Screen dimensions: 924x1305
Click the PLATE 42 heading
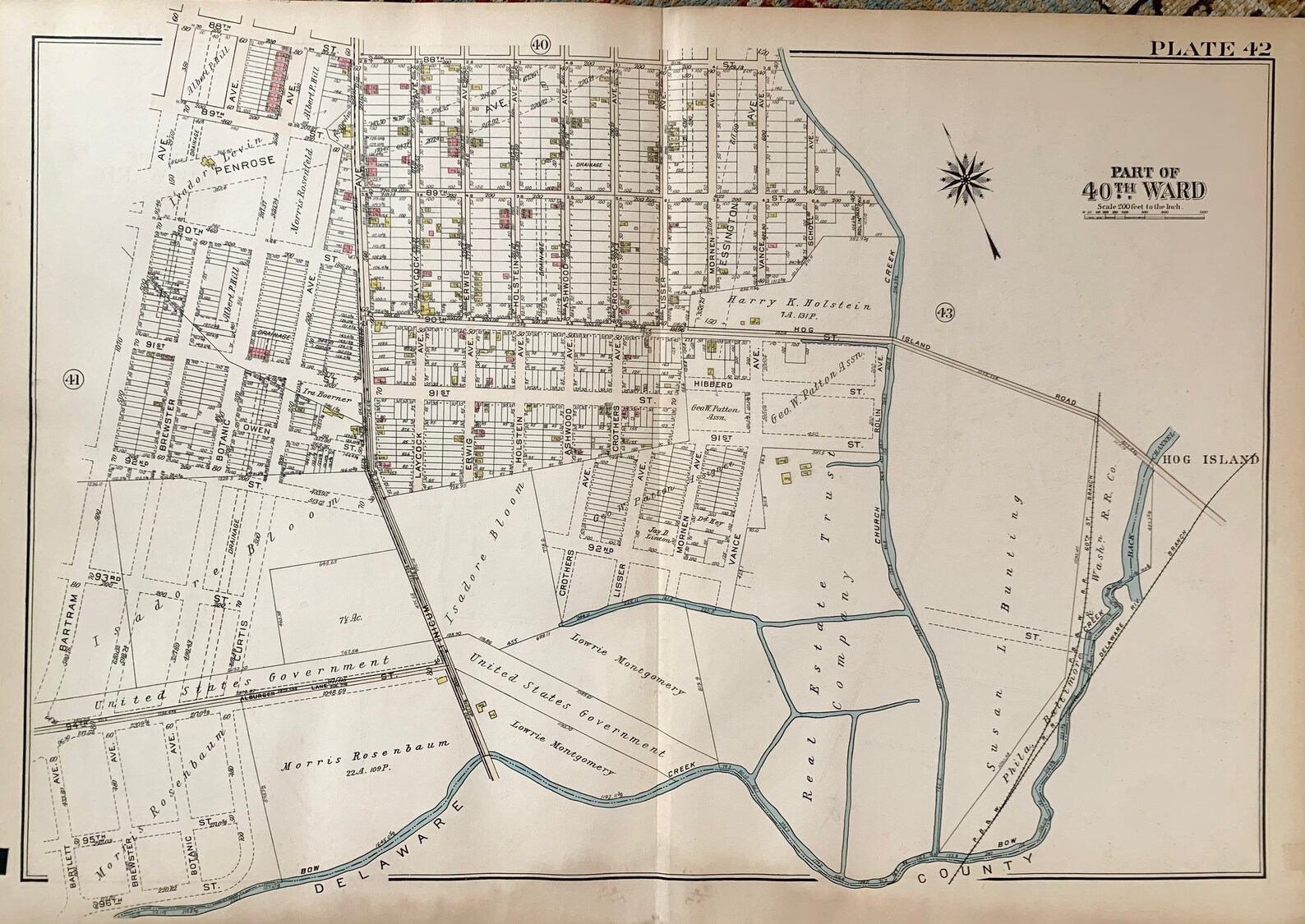[x=1209, y=48]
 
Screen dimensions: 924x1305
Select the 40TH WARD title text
[x=1143, y=191]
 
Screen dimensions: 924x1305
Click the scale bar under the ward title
[x=1143, y=214]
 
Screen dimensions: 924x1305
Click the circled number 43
[x=943, y=311]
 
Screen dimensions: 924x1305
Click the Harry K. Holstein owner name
[x=799, y=306]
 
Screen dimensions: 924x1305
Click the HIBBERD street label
[x=712, y=384]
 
